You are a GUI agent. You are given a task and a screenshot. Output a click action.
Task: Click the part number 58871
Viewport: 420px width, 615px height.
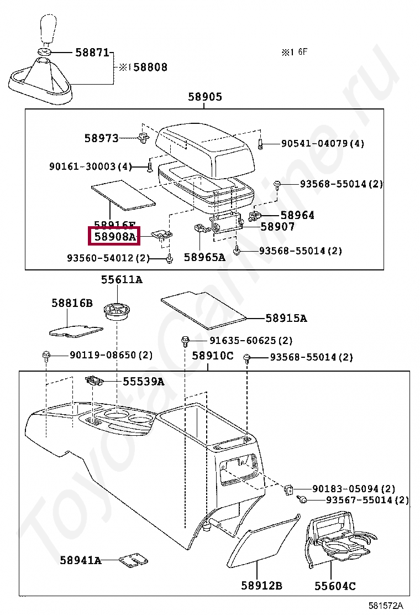click(x=92, y=53)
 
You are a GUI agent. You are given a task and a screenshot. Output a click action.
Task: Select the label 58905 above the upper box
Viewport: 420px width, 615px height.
click(x=205, y=97)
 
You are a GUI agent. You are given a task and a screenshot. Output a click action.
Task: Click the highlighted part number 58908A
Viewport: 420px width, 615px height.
click(x=115, y=236)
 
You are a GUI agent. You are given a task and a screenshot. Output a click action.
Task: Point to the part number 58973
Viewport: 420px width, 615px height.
click(x=101, y=138)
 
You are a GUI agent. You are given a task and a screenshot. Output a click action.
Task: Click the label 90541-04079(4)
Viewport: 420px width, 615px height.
click(x=323, y=144)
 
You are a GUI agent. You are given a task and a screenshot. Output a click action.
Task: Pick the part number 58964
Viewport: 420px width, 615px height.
click(x=297, y=215)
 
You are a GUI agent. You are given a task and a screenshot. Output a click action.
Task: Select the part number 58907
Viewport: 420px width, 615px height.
click(x=278, y=227)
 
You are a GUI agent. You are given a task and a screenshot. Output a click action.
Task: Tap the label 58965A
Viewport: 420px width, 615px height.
click(x=204, y=257)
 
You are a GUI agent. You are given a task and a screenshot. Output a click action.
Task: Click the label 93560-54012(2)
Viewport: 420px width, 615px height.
click(x=108, y=258)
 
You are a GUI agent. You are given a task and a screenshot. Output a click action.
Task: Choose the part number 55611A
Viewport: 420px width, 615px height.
click(x=122, y=280)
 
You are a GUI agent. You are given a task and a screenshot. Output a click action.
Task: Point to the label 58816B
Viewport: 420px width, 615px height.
click(x=72, y=303)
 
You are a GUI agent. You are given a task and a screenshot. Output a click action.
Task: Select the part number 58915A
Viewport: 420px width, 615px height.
click(x=286, y=318)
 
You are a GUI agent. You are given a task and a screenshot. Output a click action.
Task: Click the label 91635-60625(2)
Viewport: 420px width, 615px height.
click(x=250, y=341)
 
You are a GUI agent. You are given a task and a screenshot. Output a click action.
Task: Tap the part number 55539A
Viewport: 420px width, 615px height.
click(x=144, y=382)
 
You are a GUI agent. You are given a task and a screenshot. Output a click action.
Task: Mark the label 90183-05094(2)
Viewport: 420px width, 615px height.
click(x=354, y=489)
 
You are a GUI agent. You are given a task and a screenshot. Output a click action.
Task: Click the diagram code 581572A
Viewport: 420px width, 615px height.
click(x=386, y=606)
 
